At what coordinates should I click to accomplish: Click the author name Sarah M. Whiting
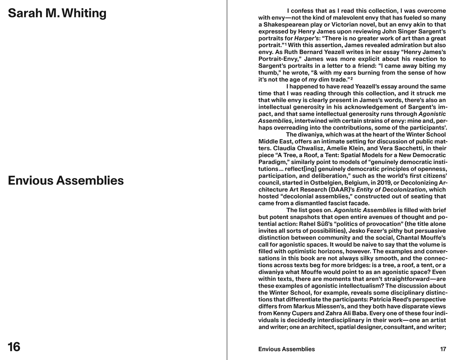coord(57,13)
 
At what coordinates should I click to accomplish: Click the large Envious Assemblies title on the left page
coord(66,181)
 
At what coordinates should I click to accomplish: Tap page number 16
coord(14,347)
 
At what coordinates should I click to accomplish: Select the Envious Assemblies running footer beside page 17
coord(286,349)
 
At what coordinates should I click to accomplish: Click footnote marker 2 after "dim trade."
coord(351,79)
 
